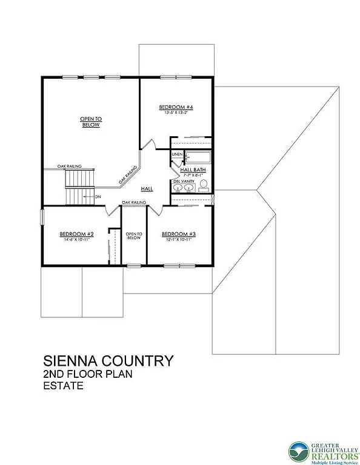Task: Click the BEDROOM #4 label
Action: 176,107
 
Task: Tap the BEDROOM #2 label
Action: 76,234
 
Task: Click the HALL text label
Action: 147,189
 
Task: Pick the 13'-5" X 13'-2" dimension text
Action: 176,113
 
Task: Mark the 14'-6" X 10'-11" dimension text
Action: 76,240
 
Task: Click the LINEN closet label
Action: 177,154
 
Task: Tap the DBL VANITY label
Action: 184,181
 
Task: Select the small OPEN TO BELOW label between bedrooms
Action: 133,236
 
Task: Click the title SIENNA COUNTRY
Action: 108,361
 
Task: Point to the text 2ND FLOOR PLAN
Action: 87,374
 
